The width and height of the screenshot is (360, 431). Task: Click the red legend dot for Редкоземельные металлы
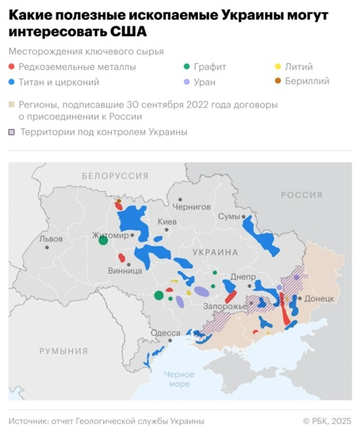click(x=14, y=67)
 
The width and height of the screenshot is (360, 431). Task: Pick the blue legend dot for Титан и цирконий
click(x=14, y=82)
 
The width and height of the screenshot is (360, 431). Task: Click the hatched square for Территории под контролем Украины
click(x=13, y=132)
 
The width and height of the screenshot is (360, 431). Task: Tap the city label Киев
click(x=166, y=222)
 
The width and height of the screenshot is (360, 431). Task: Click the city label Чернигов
click(x=195, y=206)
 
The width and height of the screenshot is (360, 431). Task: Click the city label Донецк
click(x=319, y=298)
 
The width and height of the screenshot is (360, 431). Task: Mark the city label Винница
click(x=124, y=271)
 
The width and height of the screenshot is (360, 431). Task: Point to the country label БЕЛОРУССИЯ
click(x=114, y=176)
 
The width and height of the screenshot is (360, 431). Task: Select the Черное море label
click(x=179, y=378)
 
